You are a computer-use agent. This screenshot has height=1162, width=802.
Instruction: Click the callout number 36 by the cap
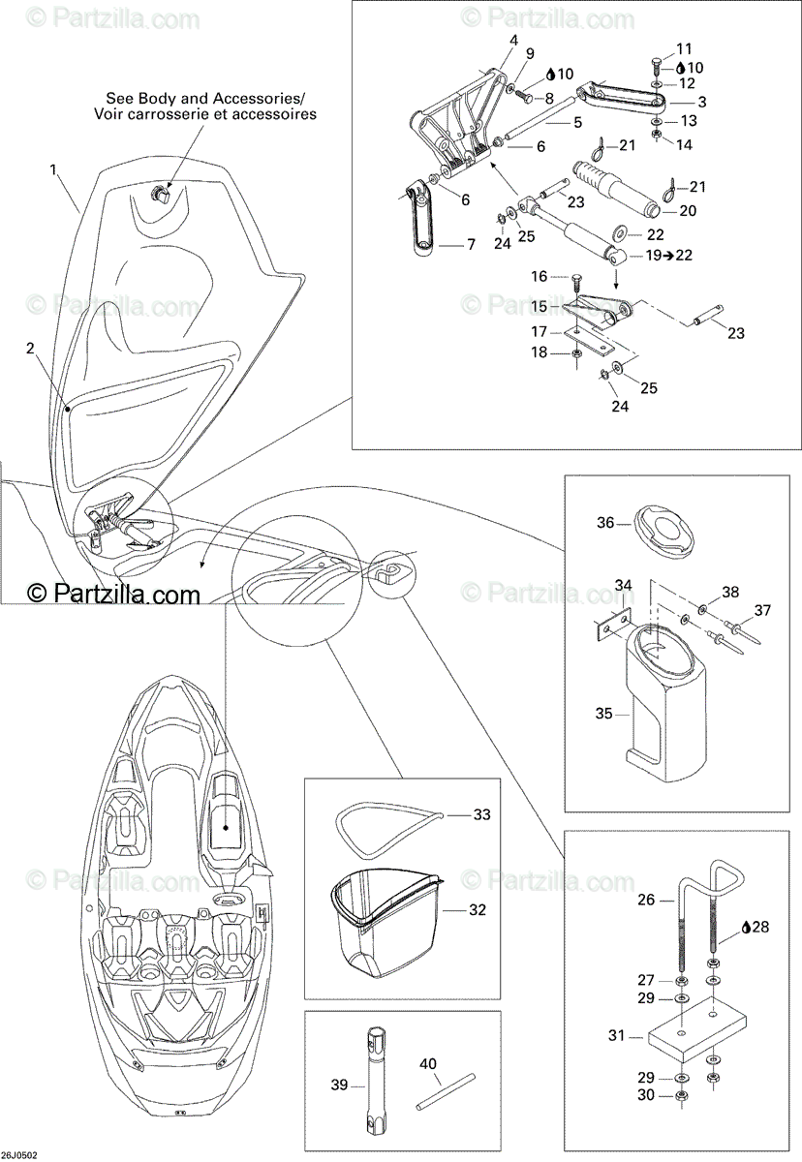[x=605, y=524]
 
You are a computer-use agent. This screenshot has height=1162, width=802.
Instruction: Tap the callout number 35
[x=605, y=714]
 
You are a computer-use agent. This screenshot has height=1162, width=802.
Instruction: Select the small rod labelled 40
[x=442, y=1089]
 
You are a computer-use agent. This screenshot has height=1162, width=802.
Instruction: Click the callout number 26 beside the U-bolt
[x=646, y=900]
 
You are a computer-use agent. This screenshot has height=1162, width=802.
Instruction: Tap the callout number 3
[x=701, y=102]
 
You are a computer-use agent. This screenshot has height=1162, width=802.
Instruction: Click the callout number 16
[x=540, y=276]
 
